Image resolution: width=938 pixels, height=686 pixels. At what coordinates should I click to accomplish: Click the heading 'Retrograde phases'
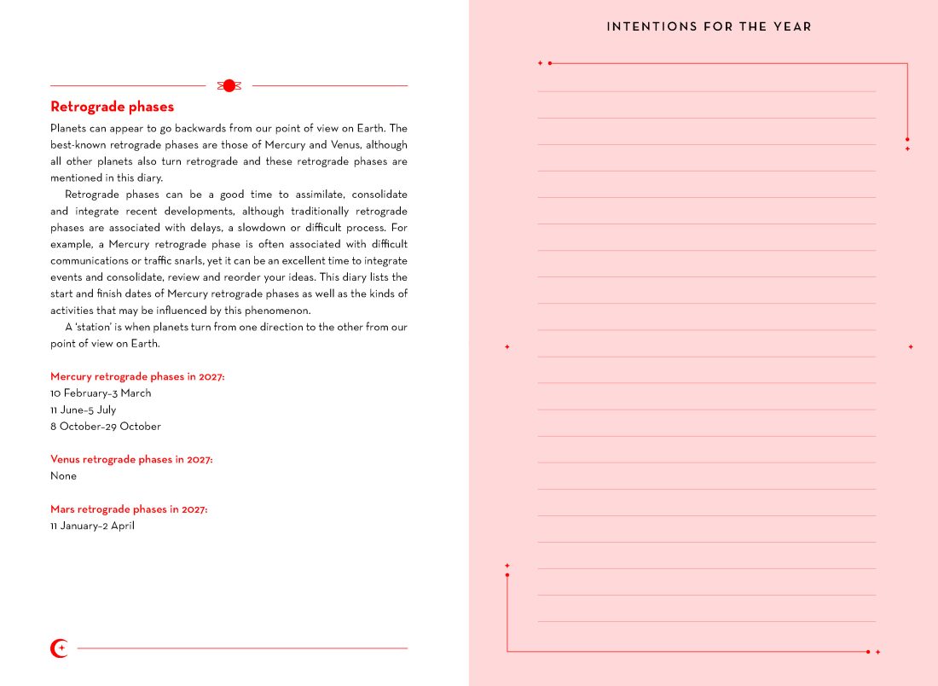112,107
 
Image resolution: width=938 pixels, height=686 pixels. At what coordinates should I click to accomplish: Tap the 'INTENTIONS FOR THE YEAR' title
709,26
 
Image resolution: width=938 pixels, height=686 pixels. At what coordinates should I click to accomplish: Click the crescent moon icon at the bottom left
59,648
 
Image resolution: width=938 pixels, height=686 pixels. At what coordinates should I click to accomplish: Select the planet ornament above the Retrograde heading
229,85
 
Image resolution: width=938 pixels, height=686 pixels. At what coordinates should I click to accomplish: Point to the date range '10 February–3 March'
101,393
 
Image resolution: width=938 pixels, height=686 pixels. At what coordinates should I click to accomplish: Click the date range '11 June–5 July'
83,410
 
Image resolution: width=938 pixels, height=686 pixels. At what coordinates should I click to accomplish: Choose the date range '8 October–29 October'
105,427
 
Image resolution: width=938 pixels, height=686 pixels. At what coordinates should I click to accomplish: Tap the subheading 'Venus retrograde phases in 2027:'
131,460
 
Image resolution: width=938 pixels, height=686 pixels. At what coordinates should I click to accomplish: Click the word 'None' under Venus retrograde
63,476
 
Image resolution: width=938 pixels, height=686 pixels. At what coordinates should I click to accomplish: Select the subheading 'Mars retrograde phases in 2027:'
129,509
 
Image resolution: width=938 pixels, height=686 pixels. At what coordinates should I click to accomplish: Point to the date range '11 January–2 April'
92,526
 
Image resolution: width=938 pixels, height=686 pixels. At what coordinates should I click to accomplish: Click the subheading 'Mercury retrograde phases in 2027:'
137,376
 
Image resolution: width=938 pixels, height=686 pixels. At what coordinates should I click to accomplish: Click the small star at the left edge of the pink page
507,347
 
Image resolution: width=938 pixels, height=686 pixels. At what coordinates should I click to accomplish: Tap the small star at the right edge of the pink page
911,347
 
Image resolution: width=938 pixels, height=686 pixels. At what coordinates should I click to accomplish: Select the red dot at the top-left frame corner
550,63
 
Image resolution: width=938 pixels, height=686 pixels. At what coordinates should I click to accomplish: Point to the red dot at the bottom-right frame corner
868,652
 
